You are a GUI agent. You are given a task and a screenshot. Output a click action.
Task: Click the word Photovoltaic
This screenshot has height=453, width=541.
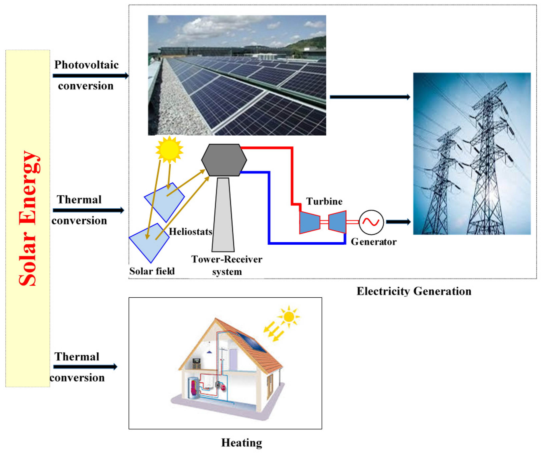tap(86, 65)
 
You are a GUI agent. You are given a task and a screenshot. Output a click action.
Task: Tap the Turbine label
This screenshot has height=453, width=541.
tap(324, 201)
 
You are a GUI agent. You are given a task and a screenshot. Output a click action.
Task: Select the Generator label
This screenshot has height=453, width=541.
tap(373, 242)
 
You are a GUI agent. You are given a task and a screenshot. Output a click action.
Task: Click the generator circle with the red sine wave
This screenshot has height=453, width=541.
tap(371, 222)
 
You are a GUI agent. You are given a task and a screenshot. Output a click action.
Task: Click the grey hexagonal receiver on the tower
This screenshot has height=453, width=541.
tap(224, 160)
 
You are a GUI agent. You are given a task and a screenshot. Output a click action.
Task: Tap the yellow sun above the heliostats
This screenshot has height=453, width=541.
tap(169, 149)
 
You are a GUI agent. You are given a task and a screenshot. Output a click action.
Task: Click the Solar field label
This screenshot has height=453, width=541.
tap(152, 271)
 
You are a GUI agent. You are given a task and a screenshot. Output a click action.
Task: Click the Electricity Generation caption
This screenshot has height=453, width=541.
tap(414, 291)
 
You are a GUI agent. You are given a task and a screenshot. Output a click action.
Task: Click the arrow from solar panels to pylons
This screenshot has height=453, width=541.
tap(370, 97)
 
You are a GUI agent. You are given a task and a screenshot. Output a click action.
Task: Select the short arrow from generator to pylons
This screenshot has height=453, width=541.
tap(398, 222)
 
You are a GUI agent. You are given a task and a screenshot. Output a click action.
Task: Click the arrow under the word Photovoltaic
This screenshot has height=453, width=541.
tap(90, 76)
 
